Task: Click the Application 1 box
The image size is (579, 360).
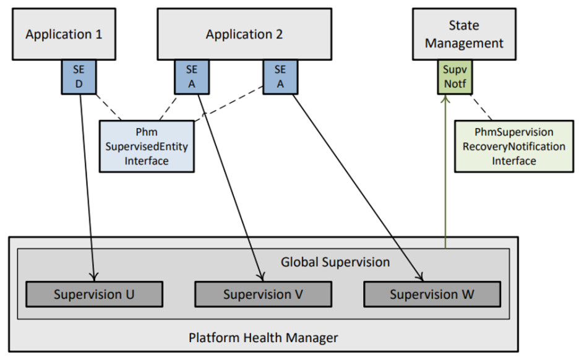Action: [64, 34]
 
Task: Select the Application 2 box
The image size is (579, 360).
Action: [244, 34]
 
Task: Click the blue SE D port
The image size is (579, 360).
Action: [79, 77]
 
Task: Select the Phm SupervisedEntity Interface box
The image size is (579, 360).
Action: [147, 147]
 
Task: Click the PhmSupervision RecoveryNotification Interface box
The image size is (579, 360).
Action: [513, 147]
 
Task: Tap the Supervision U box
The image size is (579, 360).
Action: [94, 294]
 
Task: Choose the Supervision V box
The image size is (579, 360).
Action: [263, 294]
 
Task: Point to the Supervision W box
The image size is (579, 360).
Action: [432, 294]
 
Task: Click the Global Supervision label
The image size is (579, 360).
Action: [335, 262]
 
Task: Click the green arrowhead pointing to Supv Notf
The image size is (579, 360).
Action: [445, 100]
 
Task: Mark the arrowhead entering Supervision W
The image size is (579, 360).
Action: [421, 277]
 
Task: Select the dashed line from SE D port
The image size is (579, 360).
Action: [109, 108]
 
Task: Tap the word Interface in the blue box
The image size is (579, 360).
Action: [147, 161]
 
